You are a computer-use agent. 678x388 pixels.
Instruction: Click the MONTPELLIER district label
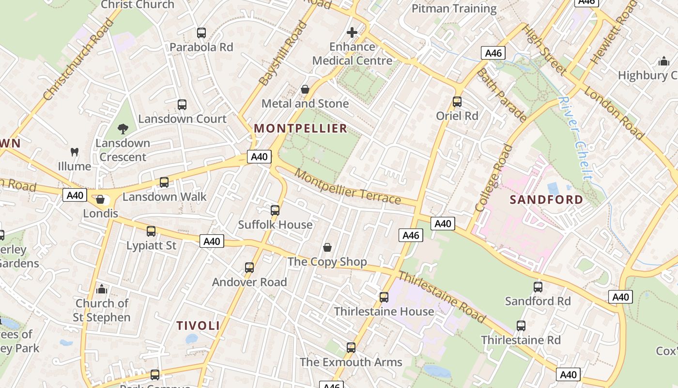pos(301,129)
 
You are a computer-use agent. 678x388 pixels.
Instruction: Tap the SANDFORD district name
pos(546,200)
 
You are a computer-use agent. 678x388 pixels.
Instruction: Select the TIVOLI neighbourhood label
pos(198,325)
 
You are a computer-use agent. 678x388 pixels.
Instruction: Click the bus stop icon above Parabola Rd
pos(201,33)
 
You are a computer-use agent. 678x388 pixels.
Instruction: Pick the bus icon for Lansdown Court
pos(182,105)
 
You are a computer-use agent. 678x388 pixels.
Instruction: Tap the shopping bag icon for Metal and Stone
pos(305,89)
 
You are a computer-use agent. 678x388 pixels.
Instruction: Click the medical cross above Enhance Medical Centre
pos(352,32)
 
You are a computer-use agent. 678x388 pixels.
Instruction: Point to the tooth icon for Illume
pos(74,152)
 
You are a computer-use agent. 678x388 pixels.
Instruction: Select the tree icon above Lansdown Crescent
pos(123,129)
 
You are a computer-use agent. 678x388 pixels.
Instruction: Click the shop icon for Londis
pos(100,199)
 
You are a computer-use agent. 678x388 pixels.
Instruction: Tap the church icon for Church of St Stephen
pos(102,289)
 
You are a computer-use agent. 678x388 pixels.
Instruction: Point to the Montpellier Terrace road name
pos(348,187)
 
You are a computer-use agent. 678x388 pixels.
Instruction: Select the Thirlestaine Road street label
pos(441,297)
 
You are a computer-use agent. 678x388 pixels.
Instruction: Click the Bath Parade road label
pos(502,95)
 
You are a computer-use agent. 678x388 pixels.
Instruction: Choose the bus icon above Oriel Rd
pos(457,102)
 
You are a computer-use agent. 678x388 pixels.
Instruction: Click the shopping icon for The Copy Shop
pos(327,248)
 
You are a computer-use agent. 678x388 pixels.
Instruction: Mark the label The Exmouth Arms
pos(351,362)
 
